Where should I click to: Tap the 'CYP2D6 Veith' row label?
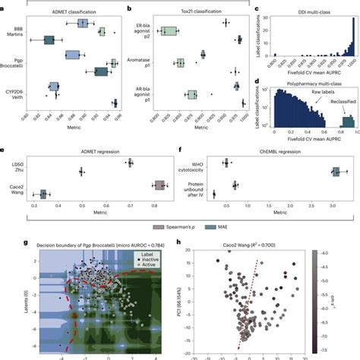14,93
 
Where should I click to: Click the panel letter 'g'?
5,242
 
